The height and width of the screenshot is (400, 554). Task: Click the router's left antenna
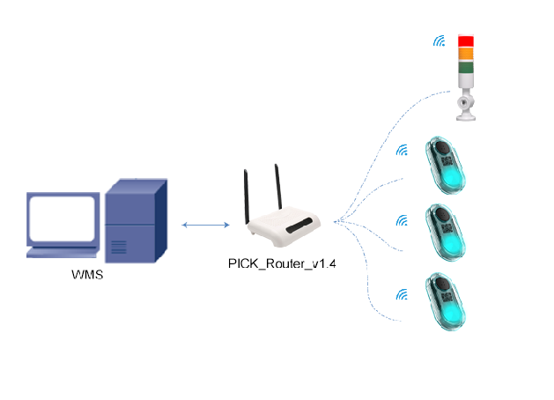(x=247, y=195)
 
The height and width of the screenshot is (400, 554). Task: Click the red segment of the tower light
(x=465, y=41)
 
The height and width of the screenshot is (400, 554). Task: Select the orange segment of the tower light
(x=465, y=53)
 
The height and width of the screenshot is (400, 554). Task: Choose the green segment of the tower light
(x=465, y=66)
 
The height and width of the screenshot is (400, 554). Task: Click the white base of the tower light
(x=464, y=104)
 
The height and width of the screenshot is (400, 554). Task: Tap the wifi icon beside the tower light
(x=438, y=41)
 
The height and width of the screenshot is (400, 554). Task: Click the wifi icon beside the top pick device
(x=402, y=150)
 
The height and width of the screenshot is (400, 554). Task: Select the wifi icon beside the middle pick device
(x=402, y=220)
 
